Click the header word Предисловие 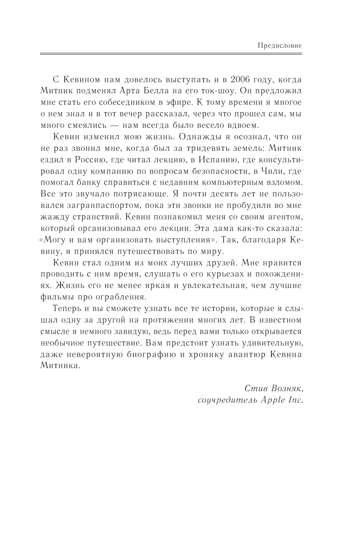click(280, 46)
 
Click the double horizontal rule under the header click(171, 54)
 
